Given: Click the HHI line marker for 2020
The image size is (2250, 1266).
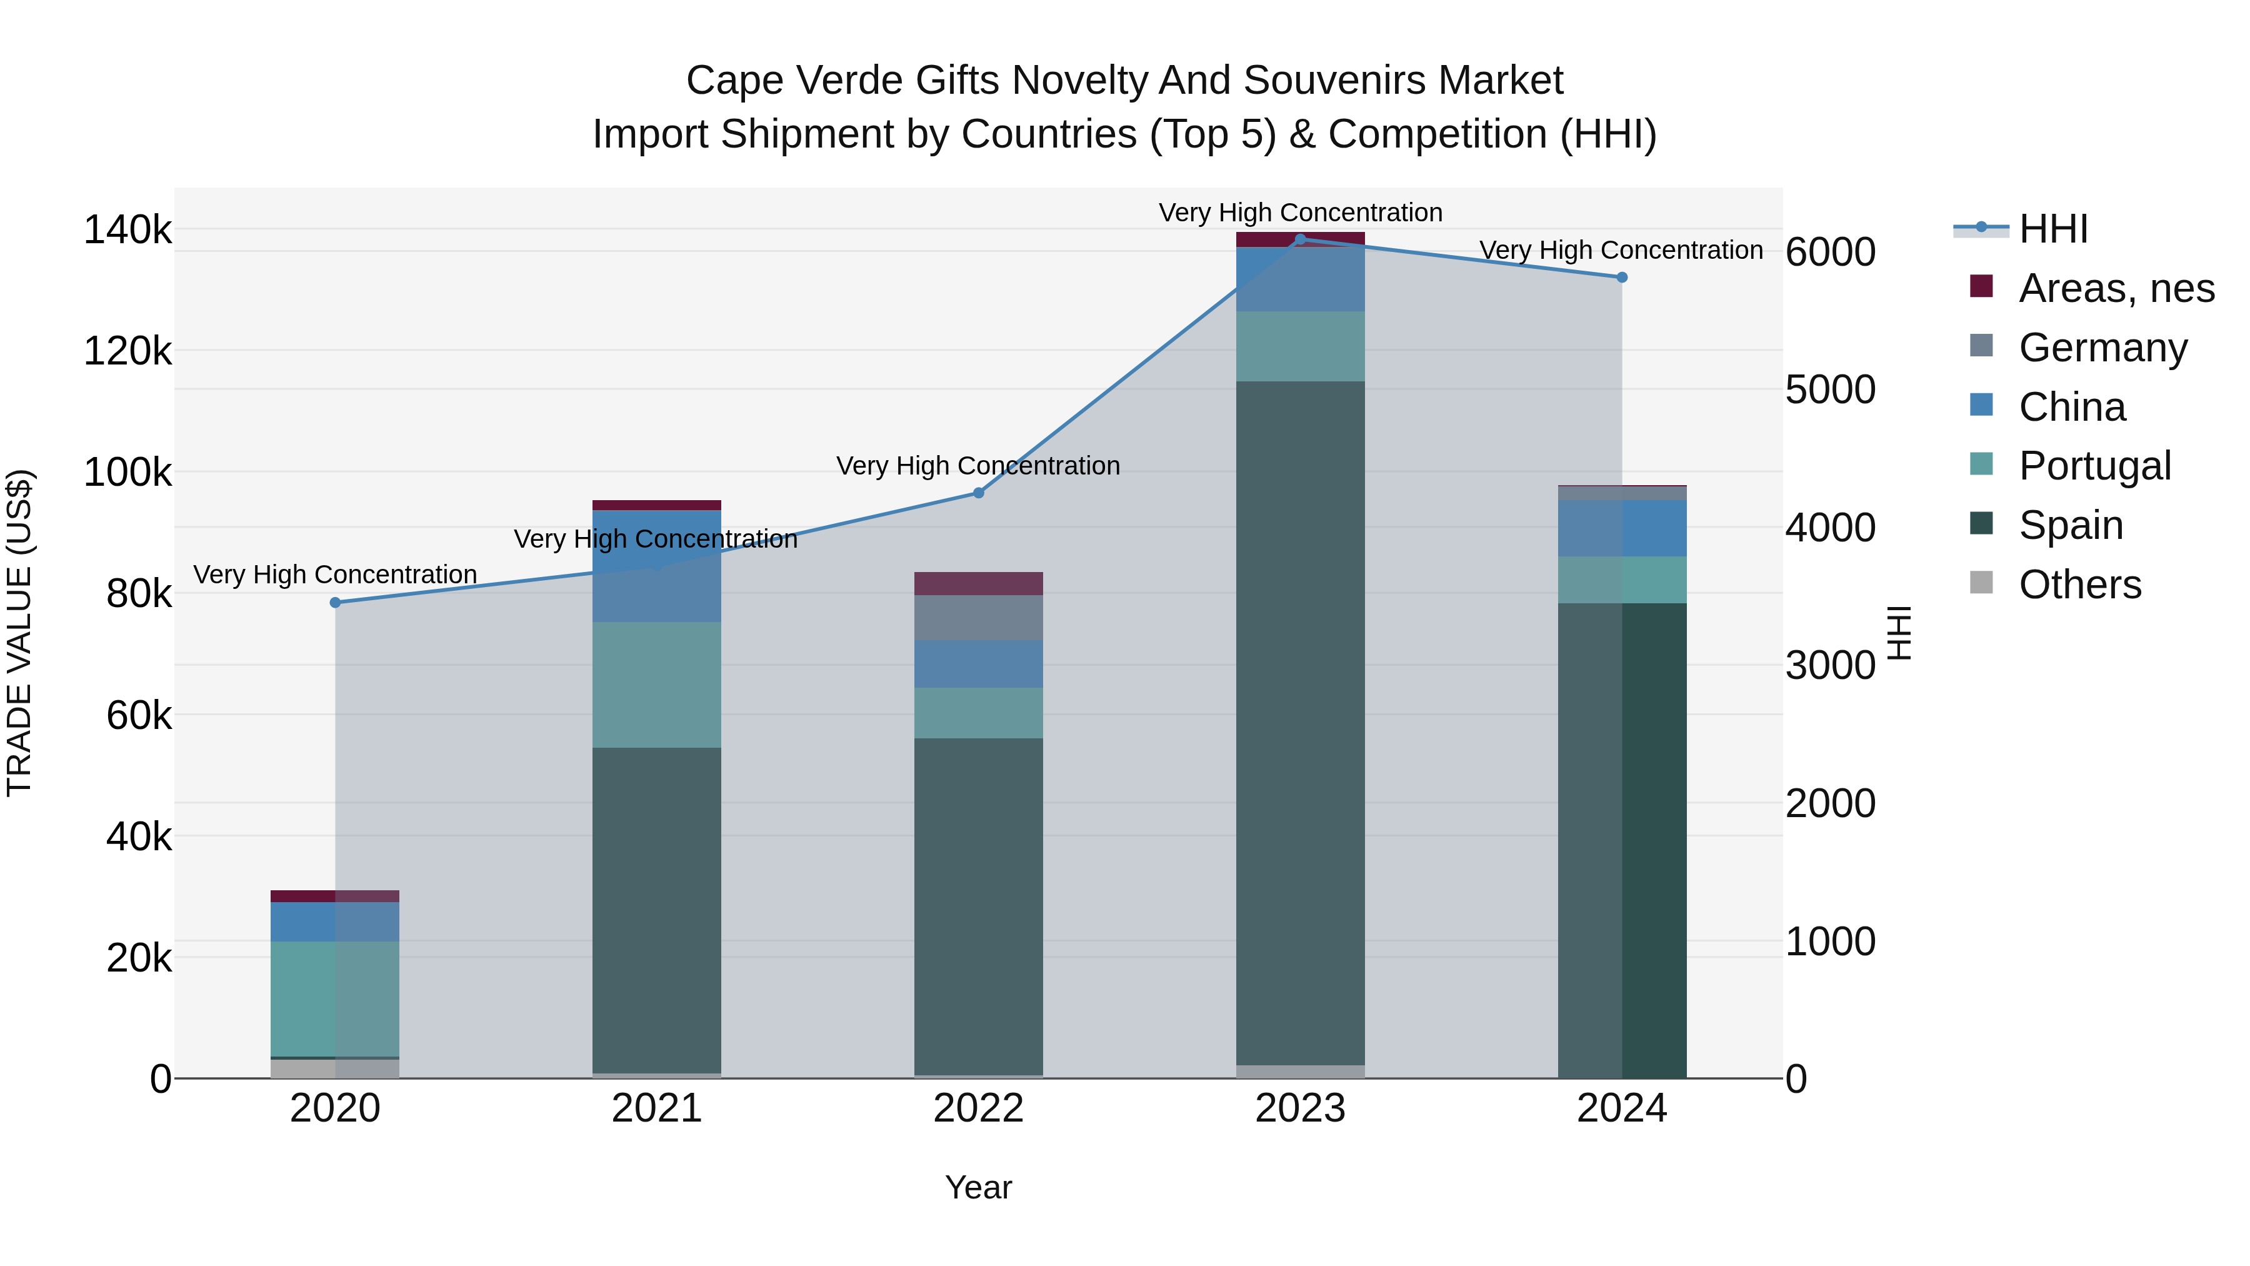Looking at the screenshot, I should coord(336,603).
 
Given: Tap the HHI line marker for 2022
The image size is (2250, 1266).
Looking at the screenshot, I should coord(978,493).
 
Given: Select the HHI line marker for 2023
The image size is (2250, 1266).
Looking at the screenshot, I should coord(1300,239).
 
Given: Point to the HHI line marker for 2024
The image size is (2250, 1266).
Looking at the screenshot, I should coord(1622,277).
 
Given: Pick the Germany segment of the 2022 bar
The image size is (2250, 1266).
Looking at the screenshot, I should coord(978,618).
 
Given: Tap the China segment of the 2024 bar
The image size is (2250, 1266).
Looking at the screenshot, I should coord(1622,528).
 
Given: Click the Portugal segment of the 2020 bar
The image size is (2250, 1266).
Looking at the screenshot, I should coord(336,998).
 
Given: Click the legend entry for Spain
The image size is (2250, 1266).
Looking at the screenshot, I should coord(2070,525).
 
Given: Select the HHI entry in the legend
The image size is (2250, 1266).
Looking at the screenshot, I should coord(2052,229).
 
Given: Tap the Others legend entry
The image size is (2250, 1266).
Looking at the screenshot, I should coord(2079,585).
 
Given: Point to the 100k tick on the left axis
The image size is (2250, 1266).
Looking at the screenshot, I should coord(127,473).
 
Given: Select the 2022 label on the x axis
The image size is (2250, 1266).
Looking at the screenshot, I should coord(978,1108).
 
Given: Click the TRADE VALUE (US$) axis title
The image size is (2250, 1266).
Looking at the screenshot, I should coord(19,633).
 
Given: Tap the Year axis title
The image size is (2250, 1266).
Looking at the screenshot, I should coord(978,1187).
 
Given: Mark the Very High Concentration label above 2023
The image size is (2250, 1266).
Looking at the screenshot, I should coord(1300,213).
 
